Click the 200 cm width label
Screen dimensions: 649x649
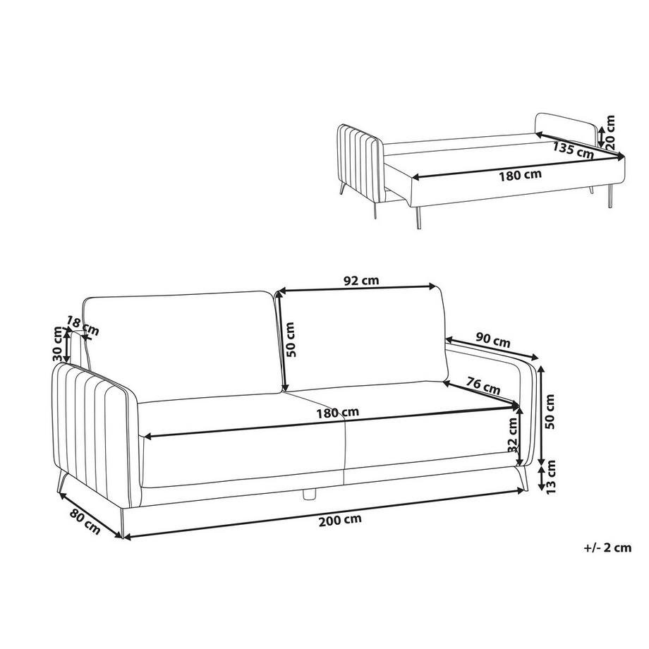point(340,520)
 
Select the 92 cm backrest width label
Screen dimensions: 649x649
point(361,281)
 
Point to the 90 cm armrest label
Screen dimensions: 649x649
point(493,340)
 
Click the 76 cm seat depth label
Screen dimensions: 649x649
point(483,385)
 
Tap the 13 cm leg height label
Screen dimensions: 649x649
point(550,477)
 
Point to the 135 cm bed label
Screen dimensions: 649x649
point(573,150)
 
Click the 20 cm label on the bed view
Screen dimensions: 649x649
point(610,132)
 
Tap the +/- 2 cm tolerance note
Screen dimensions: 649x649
point(607,547)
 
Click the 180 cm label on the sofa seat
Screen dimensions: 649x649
point(338,413)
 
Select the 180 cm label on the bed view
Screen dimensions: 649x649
point(520,175)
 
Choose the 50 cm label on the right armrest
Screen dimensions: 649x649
point(550,412)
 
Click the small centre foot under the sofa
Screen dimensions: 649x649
point(309,495)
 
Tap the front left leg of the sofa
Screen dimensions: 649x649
point(121,523)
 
